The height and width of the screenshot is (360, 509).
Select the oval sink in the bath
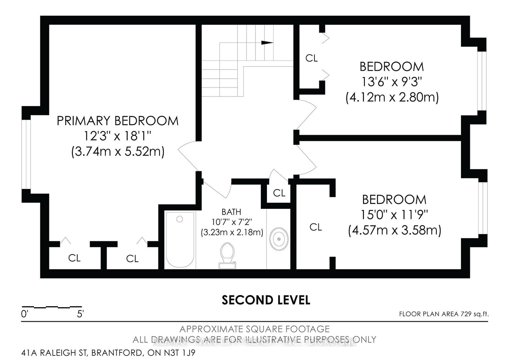coord(279,239)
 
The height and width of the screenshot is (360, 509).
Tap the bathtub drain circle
coord(180,219)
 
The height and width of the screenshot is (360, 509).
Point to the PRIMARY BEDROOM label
coord(117,121)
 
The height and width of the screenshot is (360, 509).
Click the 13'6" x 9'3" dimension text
coord(391,82)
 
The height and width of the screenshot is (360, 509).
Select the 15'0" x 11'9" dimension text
coord(394,215)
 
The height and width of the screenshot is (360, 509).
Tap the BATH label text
coord(231,212)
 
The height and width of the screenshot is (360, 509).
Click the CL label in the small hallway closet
coord(279,193)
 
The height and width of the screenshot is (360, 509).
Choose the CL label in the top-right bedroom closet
coord(311,58)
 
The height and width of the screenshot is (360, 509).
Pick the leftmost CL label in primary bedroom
coord(74,258)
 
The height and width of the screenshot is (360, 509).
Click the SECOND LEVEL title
coord(266,300)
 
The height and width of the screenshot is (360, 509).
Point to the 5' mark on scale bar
coord(80,314)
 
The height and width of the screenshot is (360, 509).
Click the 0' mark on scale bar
coord(25,314)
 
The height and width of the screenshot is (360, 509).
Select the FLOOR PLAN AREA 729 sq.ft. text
coord(443,314)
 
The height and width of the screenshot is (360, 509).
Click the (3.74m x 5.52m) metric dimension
coord(117,152)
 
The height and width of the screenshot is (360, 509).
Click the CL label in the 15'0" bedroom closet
coord(316,227)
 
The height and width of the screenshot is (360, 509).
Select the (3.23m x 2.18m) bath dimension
coord(232,232)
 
